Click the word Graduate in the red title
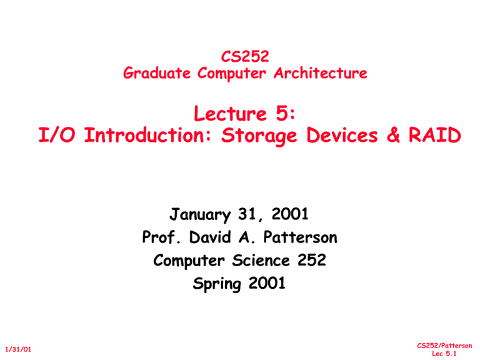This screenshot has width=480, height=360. tap(157, 74)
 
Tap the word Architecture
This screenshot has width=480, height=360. tap(321, 73)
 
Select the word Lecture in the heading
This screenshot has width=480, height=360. tap(231, 114)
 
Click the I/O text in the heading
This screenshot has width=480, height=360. tap(57, 135)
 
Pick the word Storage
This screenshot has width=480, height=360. tap(259, 136)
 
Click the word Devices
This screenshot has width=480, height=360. tap(342, 135)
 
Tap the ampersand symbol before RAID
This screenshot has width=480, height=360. tap(393, 135)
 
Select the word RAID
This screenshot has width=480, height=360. tap(435, 135)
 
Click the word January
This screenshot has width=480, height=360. tap(200, 214)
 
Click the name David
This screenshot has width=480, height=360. tap(210, 237)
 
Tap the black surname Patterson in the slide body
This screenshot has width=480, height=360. tap(300, 237)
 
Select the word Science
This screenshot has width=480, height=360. tap(261, 260)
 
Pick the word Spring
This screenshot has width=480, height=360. tap(217, 284)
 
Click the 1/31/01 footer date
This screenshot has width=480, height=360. tap(18, 349)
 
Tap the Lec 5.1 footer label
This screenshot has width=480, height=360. tap(444, 354)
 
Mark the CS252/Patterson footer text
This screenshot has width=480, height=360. tap(444, 346)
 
